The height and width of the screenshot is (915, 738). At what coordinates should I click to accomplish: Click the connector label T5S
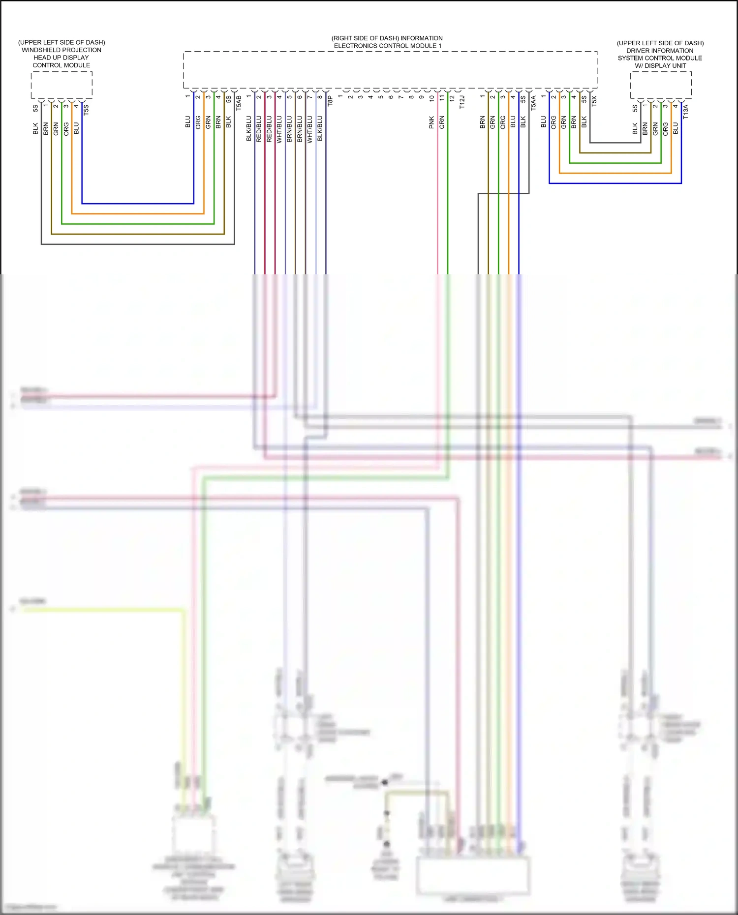coord(86,109)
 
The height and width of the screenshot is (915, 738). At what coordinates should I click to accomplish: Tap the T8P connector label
coord(330,101)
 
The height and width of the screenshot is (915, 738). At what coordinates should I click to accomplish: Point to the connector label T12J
coord(462,102)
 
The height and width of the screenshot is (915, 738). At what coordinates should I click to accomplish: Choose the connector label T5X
coord(594,101)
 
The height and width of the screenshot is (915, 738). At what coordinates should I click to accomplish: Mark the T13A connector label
coord(685,111)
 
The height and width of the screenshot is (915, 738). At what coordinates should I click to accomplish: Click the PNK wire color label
coord(431,122)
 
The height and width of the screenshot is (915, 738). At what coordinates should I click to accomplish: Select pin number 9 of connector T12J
coord(421,97)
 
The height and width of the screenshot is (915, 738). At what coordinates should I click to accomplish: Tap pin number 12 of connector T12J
coord(452,98)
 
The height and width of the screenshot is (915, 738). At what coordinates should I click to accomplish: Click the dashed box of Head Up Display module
coord(61,85)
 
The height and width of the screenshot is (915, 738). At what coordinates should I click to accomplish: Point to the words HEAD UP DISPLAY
coord(61,58)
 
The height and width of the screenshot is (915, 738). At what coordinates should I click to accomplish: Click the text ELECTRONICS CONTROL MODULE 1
coord(388,46)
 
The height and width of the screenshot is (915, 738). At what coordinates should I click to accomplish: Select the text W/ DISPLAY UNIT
coord(660,65)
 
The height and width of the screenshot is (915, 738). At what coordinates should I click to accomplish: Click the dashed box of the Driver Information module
coord(661,85)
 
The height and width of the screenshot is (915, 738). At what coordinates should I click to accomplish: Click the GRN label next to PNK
coord(442,122)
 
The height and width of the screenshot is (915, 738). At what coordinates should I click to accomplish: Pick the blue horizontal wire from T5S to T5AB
coord(138,203)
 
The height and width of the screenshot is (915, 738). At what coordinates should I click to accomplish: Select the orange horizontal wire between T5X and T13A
coord(615,173)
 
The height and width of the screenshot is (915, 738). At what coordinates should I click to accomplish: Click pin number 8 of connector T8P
coord(320,97)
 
